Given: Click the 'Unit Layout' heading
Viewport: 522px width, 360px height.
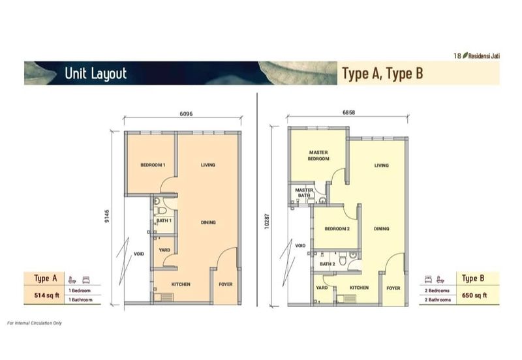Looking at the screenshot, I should [x=95, y=74].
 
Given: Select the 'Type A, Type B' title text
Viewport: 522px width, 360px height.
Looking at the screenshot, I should [x=382, y=74].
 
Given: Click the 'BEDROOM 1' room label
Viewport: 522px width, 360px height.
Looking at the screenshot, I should [x=153, y=166].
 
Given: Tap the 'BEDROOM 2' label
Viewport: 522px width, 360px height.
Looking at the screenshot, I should [x=337, y=229].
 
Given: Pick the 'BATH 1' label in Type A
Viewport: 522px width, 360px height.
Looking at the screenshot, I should [x=164, y=220].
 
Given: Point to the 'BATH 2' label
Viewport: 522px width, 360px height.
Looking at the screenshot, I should [x=327, y=264].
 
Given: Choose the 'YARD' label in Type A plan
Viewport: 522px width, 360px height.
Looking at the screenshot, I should [x=165, y=249].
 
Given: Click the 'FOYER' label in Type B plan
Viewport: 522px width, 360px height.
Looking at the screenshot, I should [x=393, y=288].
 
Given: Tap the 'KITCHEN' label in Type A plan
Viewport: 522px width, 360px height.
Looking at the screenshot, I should [x=181, y=284].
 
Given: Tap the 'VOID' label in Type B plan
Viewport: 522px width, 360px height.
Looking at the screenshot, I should [x=300, y=246].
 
